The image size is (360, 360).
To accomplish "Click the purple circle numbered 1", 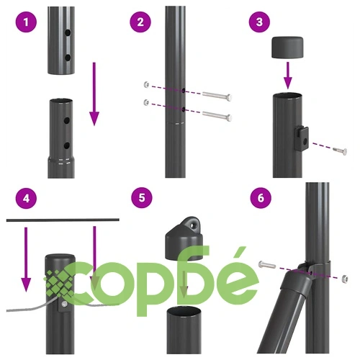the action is [x=26, y=22].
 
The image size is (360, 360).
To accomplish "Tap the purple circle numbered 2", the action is [x=140, y=22].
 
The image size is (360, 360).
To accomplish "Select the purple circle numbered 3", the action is [x=260, y=22].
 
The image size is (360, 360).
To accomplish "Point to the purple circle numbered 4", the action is [x=26, y=199].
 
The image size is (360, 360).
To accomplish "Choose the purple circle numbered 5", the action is [x=142, y=198].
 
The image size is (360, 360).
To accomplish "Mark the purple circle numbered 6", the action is [x=261, y=198].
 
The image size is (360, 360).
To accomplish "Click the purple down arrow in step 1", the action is [x=94, y=94].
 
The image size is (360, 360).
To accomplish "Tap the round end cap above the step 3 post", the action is [x=287, y=48].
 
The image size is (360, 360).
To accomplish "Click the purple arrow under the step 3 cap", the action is [x=287, y=76].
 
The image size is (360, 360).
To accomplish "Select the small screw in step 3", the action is [x=340, y=150].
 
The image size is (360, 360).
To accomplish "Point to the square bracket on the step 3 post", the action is [x=302, y=138].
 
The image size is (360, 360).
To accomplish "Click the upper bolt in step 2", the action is [x=217, y=96].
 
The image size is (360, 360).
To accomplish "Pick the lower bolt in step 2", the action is [x=217, y=116].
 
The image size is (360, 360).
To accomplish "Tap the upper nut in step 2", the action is [x=146, y=84].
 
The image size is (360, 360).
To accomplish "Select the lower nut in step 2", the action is [x=146, y=102].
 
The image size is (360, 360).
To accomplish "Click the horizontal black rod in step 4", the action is [x=63, y=220].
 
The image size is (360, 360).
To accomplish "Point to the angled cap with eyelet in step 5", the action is [x=184, y=239].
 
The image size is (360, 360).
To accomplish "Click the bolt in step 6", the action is [x=267, y=265].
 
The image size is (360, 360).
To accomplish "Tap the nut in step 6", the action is [x=345, y=279].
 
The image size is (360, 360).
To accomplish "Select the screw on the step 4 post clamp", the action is [x=64, y=305].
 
